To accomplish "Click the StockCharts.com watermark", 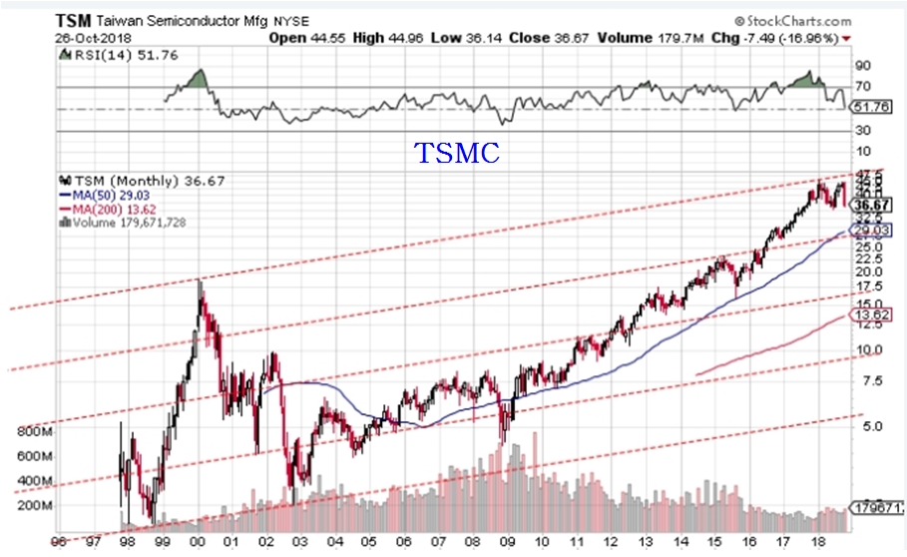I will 794,19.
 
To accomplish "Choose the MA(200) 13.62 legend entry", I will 113,209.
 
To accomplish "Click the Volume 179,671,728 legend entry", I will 127,223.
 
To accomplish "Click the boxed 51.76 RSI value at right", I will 870,106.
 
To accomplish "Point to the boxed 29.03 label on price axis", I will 870,231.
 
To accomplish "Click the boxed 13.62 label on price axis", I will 870,315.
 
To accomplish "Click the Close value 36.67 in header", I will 528,38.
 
